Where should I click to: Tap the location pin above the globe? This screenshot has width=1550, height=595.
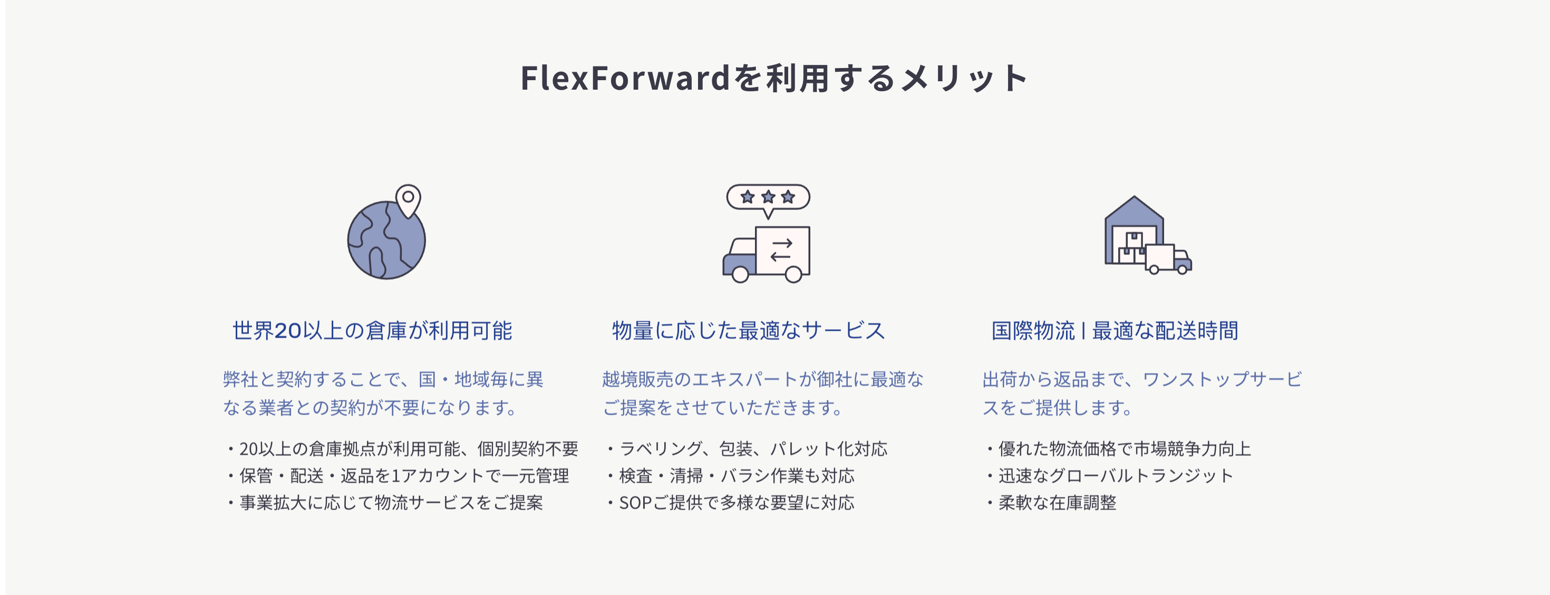[408, 199]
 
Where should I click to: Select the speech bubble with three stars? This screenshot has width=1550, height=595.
[768, 197]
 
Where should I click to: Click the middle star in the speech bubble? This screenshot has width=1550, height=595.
[768, 197]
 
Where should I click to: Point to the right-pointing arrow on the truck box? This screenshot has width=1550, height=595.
[782, 243]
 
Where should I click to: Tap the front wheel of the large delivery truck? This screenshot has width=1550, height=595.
[740, 275]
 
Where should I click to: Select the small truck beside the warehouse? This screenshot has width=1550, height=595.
[1167, 259]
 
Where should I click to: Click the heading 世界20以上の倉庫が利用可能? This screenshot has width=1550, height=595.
[372, 331]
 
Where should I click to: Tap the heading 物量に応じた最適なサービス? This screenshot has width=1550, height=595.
[749, 331]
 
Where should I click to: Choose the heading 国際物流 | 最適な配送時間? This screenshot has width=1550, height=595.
[1115, 331]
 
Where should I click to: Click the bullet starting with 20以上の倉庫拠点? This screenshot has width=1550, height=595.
[408, 449]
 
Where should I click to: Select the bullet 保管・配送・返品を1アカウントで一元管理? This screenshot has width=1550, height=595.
[403, 476]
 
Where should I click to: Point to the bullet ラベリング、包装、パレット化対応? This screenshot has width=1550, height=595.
[752, 449]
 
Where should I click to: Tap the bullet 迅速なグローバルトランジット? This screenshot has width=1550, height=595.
[1116, 476]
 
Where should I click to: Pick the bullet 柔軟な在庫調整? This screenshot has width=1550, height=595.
[1057, 503]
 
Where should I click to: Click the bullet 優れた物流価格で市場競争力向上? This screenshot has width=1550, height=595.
[1124, 449]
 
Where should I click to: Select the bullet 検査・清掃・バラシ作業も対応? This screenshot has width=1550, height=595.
[736, 476]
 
